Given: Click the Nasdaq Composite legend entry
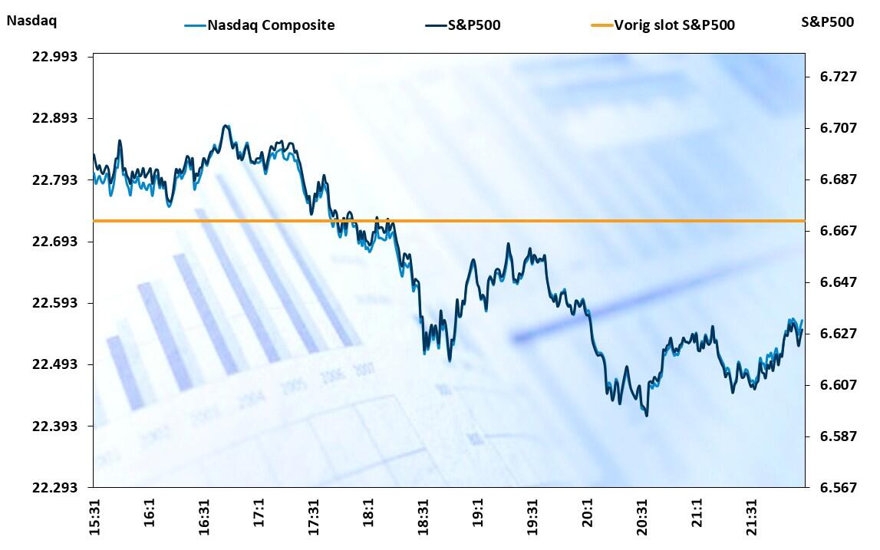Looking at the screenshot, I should click(x=271, y=25).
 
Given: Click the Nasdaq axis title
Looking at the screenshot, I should click(x=31, y=21).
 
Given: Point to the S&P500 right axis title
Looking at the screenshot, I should click(x=827, y=21).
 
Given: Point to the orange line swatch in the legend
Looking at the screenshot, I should click(x=601, y=25).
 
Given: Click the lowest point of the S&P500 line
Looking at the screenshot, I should click(x=647, y=416).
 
